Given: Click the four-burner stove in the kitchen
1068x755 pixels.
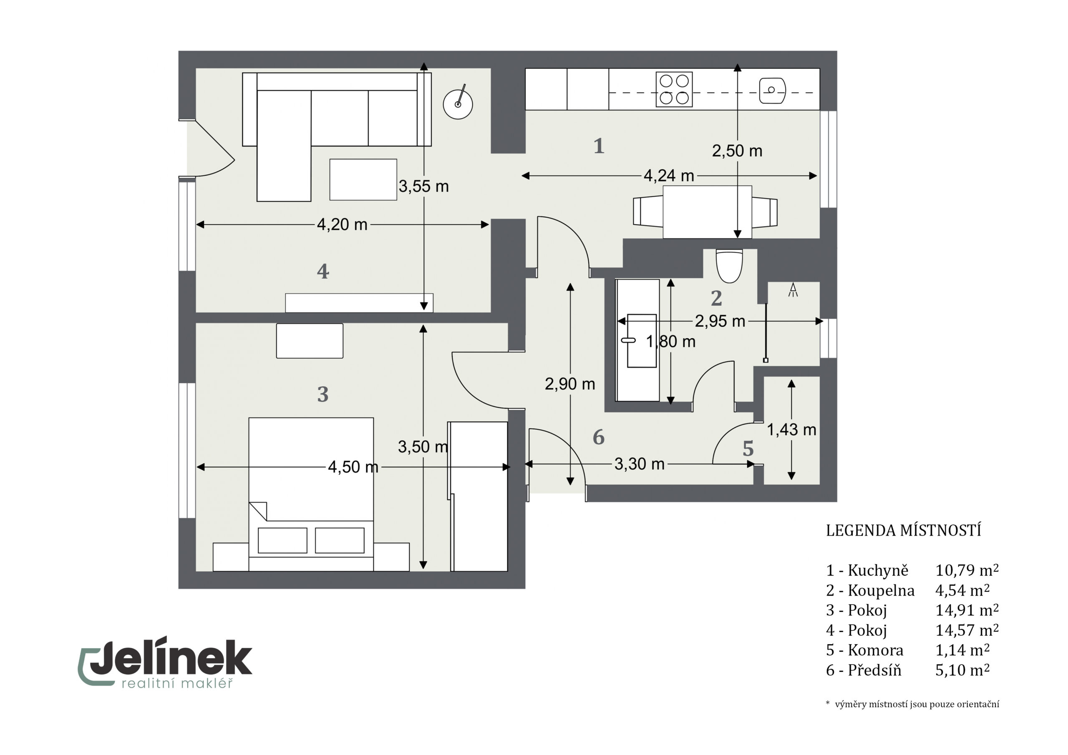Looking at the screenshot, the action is coord(674,89).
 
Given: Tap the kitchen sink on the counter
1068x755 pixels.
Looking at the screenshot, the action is coord(772,90).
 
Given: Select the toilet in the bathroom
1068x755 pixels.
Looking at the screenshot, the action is coord(729,266).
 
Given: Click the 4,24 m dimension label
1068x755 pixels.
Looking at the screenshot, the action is coord(668,176).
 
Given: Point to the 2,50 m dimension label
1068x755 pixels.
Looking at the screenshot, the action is coord(737,151).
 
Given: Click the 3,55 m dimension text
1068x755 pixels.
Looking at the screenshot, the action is coord(423,186).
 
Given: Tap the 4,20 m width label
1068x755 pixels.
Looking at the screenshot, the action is coord(342,225).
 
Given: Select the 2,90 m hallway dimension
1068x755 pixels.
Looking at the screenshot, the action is coord(570,384).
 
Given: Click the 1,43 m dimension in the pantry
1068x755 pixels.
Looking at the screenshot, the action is coord(791,430).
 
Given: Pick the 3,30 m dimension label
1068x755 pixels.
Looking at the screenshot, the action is coord(639,464).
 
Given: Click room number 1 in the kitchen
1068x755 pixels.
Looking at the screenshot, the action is coord(599,146).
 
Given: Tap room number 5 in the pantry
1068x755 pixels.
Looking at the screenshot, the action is coord(748,449).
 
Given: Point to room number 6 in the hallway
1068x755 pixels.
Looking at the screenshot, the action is coord(599,437).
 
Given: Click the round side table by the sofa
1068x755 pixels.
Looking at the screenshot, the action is coord(458,104).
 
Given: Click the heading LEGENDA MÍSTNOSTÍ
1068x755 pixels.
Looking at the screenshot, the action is coord(903,531).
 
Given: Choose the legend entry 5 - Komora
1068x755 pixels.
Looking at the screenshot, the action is coord(865,650).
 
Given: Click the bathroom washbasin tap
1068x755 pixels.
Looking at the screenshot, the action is coord(628,340).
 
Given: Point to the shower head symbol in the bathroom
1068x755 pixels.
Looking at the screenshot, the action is coord(793,290).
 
